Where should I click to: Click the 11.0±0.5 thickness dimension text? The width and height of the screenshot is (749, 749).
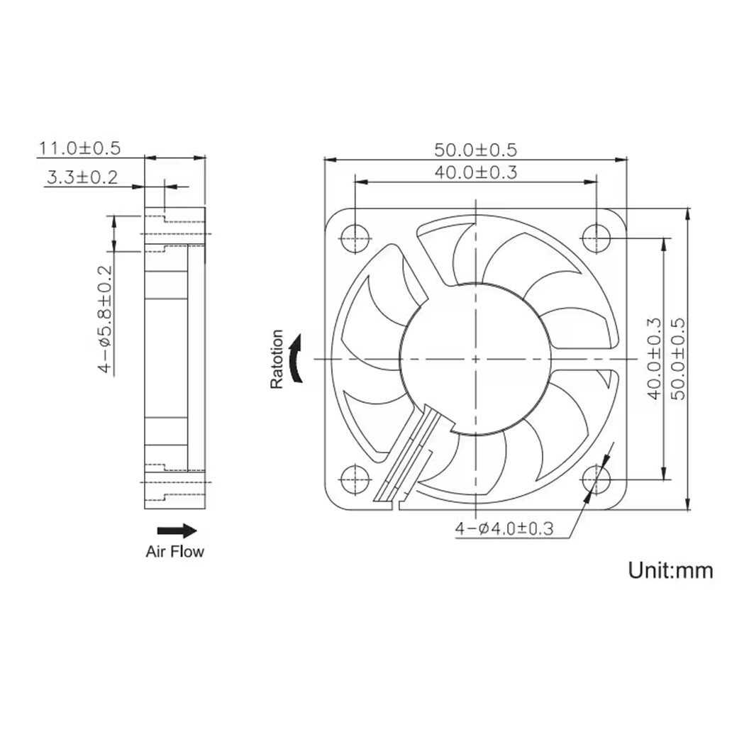(x=79, y=148)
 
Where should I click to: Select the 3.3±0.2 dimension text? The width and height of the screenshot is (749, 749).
(x=82, y=177)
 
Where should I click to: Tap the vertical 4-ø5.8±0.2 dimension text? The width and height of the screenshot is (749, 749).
(x=105, y=319)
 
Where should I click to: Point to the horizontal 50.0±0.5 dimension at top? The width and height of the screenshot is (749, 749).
(x=476, y=150)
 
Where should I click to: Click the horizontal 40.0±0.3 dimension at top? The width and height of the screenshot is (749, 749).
(x=476, y=172)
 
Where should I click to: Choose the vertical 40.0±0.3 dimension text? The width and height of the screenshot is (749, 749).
(x=654, y=358)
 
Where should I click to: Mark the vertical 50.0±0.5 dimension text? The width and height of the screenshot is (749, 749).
(x=678, y=358)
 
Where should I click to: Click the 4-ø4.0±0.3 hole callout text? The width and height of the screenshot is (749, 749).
(x=504, y=528)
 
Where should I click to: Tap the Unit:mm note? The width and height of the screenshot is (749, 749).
(x=670, y=570)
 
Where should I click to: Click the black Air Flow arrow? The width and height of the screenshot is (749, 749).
(x=177, y=531)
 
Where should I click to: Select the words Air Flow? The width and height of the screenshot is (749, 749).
(x=174, y=551)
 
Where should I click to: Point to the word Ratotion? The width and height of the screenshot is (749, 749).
(x=277, y=359)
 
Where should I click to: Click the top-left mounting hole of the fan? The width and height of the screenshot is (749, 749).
(x=354, y=237)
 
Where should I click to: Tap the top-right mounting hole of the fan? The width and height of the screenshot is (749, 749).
(x=597, y=237)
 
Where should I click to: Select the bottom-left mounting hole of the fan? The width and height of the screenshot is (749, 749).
(x=354, y=479)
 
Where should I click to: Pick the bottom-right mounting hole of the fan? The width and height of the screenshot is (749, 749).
(x=597, y=479)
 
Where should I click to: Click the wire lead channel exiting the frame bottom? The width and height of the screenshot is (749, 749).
(x=406, y=454)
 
